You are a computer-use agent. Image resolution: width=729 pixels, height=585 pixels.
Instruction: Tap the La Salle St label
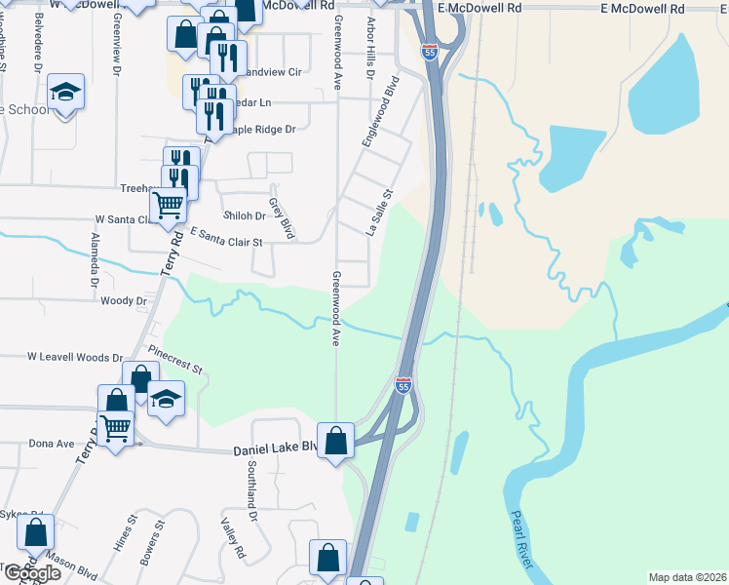pyautogui.click(x=377, y=214)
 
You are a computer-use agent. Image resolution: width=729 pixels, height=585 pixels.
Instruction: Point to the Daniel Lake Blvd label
pyautogui.click(x=276, y=450)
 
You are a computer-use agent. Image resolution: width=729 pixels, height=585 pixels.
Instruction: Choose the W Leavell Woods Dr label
pyautogui.click(x=75, y=358)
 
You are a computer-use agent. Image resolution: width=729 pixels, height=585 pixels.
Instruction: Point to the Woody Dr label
pyautogui.click(x=124, y=301)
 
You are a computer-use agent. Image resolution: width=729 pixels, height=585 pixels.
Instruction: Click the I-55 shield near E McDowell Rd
pyautogui.click(x=430, y=51)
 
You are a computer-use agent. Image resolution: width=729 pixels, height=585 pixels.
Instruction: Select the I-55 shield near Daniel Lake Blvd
pyautogui.click(x=403, y=385)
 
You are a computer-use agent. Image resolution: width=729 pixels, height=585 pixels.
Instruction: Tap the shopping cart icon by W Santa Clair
pyautogui.click(x=169, y=205)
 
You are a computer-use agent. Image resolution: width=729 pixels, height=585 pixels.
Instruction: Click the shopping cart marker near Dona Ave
pyautogui.click(x=116, y=427)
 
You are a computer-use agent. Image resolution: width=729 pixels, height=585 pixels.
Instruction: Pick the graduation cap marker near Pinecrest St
pyautogui.click(x=166, y=398)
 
